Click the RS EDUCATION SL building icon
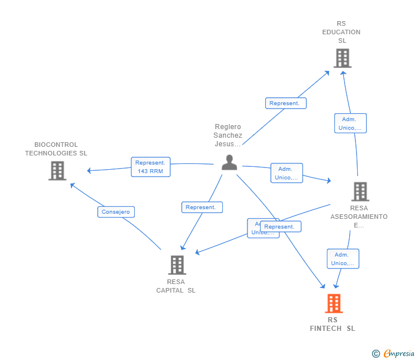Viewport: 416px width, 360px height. [x=342, y=58]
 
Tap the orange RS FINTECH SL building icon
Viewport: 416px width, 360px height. [x=334, y=303]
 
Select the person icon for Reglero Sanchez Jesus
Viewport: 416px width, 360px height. [x=229, y=162]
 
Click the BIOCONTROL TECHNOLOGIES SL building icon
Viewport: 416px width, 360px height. [x=57, y=171]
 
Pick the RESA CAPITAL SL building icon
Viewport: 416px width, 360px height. [x=177, y=265]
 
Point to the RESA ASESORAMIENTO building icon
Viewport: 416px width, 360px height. [x=360, y=191]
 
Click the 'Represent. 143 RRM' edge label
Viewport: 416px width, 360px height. [x=150, y=167]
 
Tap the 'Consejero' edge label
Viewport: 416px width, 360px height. [x=115, y=212]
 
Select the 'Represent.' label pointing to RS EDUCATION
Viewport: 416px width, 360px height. [x=286, y=103]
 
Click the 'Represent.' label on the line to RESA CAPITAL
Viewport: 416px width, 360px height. [x=202, y=207]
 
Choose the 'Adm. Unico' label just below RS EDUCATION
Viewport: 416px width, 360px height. [x=350, y=123]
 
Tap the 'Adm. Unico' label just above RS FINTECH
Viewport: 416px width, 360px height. [x=343, y=259]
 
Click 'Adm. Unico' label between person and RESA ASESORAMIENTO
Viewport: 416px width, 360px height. [x=286, y=173]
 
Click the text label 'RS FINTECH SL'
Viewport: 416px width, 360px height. [x=333, y=324]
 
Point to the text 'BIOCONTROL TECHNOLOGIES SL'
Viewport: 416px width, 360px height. [x=56, y=149]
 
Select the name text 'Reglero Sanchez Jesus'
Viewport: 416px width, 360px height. [x=228, y=135]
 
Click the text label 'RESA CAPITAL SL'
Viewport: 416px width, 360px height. [x=176, y=286]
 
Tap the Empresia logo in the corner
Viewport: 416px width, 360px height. [x=399, y=353]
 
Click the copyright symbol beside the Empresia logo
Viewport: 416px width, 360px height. [x=376, y=354]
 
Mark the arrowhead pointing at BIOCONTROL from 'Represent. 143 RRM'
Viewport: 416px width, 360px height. [x=89, y=171]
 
